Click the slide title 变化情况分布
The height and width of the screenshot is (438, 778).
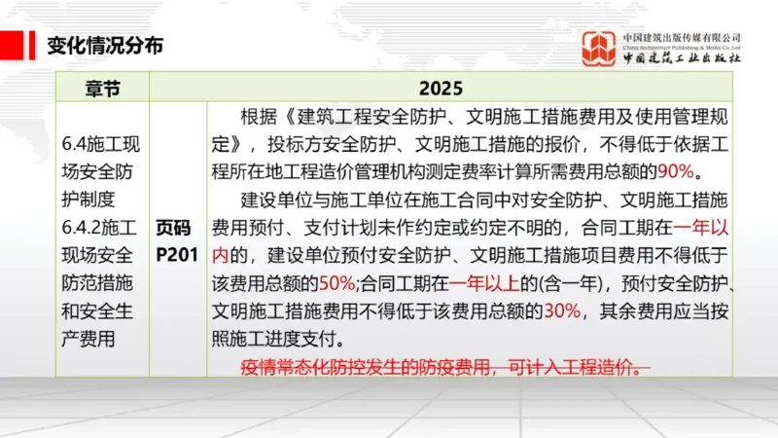105,45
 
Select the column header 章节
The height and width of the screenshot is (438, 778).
101,88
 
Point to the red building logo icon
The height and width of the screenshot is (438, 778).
601,46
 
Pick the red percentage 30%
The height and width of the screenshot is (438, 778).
562,311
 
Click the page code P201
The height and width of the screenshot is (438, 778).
178,256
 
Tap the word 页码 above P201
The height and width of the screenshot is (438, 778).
178,229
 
